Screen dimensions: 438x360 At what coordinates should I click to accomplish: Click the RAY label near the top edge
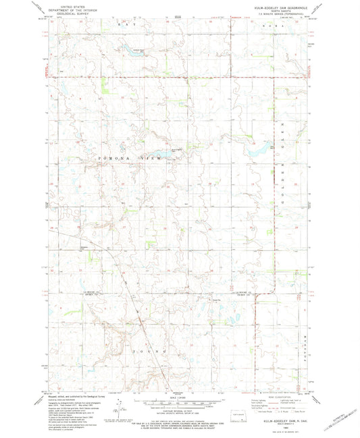coord(122,24)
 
